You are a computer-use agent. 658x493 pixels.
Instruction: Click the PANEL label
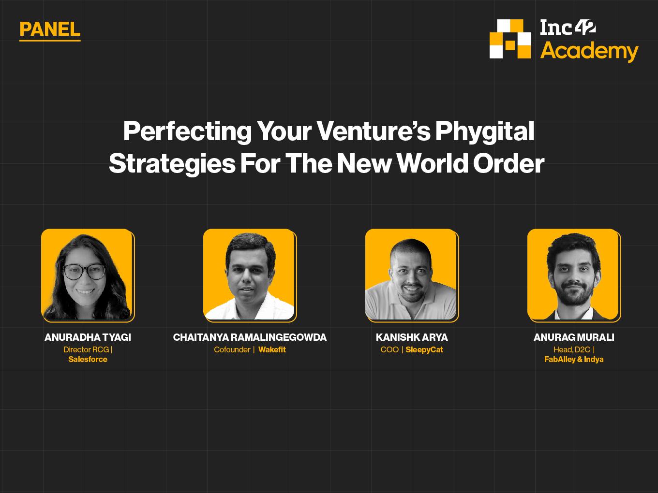click(x=50, y=29)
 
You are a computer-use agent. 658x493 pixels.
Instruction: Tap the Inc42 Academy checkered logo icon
click(x=510, y=39)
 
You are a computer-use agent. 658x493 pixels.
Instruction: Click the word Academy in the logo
click(x=589, y=51)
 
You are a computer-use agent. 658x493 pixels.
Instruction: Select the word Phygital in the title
click(x=485, y=132)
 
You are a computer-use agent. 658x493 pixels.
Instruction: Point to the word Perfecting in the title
click(x=187, y=132)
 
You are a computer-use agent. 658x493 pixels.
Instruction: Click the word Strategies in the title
click(x=172, y=164)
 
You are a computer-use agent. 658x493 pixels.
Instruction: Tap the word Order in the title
click(x=508, y=163)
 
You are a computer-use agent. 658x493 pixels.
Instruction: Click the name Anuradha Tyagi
click(x=88, y=337)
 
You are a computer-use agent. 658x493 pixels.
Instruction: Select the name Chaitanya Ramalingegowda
click(x=250, y=337)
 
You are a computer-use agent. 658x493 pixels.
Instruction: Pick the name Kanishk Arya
click(x=412, y=337)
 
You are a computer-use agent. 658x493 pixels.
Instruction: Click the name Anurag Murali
click(x=574, y=337)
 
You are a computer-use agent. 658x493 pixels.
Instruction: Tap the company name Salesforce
click(x=88, y=359)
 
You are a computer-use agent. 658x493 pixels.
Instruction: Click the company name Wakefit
click(x=272, y=349)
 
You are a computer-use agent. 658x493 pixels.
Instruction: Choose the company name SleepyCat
click(x=424, y=349)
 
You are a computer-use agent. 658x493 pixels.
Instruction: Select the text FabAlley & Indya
click(x=574, y=359)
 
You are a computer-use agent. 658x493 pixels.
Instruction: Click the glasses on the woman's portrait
click(x=84, y=272)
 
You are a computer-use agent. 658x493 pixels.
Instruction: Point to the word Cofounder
click(x=232, y=349)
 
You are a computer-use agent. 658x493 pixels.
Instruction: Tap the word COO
click(x=389, y=349)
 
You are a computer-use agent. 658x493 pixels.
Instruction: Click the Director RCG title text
click(x=86, y=349)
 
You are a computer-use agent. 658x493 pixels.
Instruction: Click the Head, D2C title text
click(x=572, y=349)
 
